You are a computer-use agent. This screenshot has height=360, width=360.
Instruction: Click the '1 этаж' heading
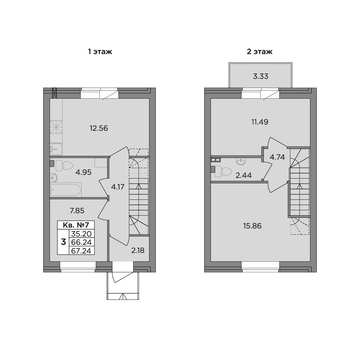coord(100,51)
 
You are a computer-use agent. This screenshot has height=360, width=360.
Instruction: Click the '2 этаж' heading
coord(260,51)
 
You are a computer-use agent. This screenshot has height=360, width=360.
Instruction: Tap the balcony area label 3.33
coord(261,76)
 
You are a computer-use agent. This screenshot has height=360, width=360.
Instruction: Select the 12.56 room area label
coord(99,128)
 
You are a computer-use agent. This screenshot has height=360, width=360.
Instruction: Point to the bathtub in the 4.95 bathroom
coord(66,190)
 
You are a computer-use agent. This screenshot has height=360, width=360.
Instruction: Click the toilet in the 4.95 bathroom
coord(64,166)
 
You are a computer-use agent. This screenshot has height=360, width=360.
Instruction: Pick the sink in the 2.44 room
coord(240,161)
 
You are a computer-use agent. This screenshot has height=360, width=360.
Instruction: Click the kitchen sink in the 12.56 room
coord(56,149)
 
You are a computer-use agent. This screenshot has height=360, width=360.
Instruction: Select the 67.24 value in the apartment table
coord(81,251)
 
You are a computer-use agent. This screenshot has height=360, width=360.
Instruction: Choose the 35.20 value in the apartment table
coord(81,234)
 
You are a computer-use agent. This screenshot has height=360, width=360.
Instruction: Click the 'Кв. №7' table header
coord(76,225)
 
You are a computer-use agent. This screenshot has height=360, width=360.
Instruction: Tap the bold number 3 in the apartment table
coord(63,242)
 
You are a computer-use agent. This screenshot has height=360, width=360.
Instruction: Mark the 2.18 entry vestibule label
coord(138,250)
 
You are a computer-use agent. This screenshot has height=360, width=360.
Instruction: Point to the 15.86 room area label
coord(252,226)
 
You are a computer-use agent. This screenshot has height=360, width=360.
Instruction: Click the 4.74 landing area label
coord(277,157)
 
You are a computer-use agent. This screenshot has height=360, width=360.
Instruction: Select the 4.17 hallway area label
coord(118,187)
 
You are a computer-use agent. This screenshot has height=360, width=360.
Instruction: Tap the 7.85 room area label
coord(77,211)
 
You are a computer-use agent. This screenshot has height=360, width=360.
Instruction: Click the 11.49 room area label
coord(260,122)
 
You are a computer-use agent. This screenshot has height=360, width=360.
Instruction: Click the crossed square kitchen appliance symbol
coord(56,127)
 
